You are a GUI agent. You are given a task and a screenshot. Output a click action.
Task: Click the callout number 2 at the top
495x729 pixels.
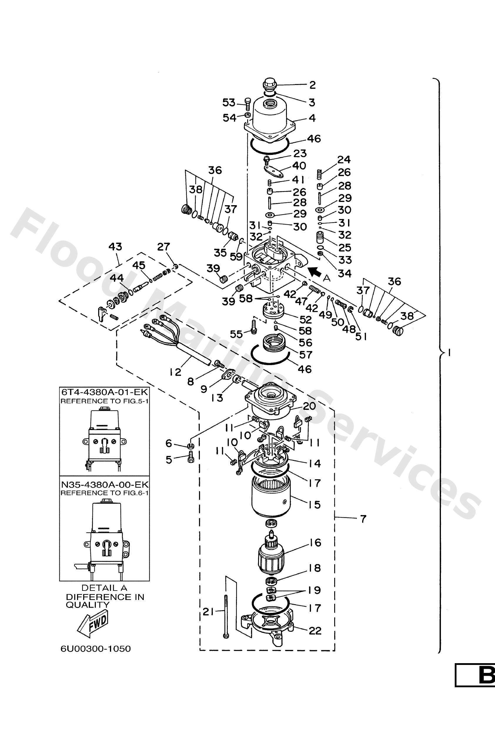click(x=312, y=85)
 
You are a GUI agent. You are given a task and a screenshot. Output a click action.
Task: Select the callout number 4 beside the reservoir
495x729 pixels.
click(x=312, y=118)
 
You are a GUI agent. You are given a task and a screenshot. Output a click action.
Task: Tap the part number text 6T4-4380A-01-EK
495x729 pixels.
click(x=104, y=392)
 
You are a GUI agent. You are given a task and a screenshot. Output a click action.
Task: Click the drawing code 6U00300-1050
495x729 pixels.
click(x=96, y=649)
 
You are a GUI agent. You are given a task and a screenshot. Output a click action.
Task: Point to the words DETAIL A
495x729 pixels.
click(x=104, y=588)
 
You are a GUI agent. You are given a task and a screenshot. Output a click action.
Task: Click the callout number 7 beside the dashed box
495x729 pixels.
click(x=363, y=519)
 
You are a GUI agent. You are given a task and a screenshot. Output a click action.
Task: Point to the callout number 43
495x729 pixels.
click(x=115, y=247)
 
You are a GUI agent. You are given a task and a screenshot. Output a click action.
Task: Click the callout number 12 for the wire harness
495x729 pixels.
click(x=176, y=372)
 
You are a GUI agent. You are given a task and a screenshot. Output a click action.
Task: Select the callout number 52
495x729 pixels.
click(x=305, y=320)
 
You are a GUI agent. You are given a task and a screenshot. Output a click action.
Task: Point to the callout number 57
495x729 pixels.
click(x=305, y=355)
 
